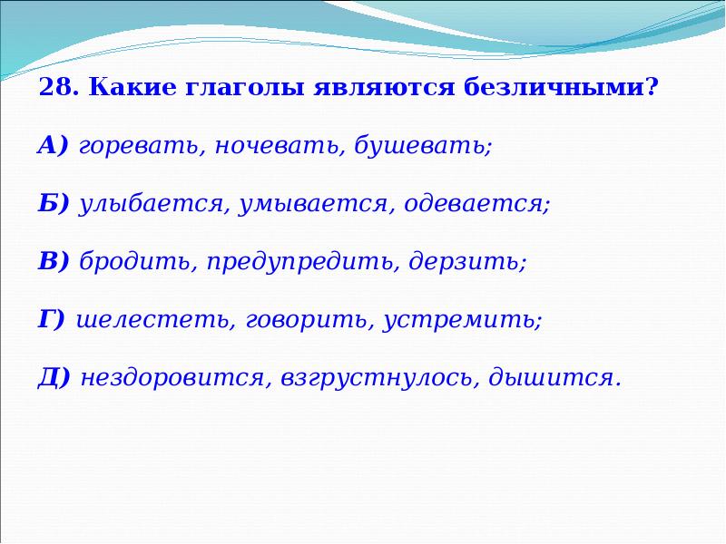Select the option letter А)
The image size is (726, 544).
[54, 146]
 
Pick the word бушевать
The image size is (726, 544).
[423, 146]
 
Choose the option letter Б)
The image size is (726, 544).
[54, 204]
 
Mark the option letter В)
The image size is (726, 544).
[54, 262]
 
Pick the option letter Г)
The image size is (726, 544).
[52, 320]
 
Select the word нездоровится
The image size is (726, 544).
[173, 378]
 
